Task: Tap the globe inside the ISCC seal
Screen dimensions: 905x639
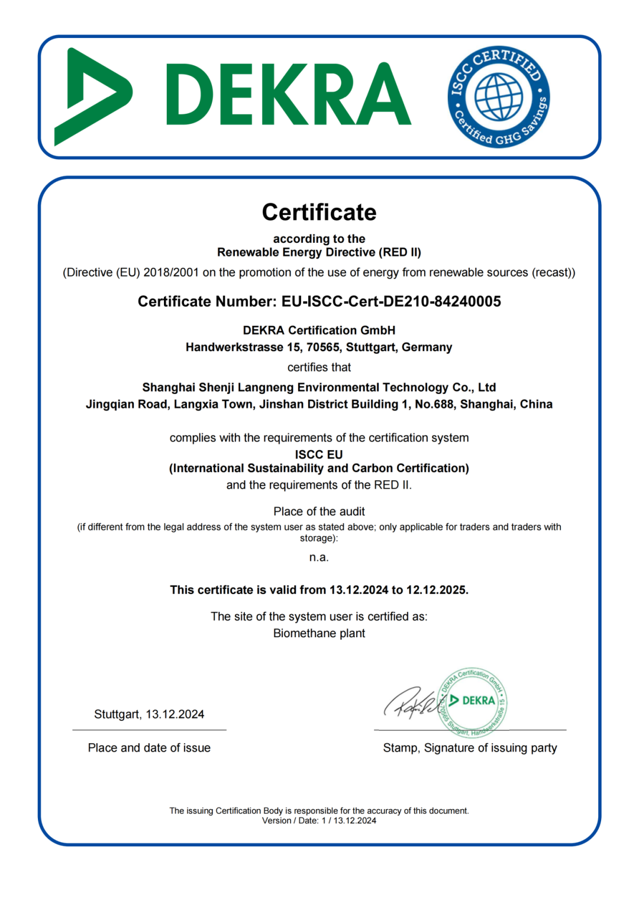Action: point(499,97)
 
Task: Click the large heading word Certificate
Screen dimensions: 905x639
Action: point(319,212)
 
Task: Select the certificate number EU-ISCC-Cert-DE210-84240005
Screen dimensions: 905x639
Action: point(391,301)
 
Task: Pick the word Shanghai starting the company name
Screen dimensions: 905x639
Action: point(169,387)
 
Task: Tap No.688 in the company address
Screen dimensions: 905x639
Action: point(434,404)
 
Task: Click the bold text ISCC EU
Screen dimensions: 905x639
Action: point(319,454)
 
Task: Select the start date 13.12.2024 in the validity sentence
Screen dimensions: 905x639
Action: point(359,590)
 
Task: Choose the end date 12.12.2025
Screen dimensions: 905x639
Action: point(436,590)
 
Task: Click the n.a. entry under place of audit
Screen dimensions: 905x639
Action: point(319,557)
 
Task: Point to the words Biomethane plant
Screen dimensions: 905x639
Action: point(319,633)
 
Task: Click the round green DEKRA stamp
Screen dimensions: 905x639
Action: point(473,702)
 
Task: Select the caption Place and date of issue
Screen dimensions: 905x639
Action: point(149,748)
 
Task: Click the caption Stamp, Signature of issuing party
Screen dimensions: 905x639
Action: point(470,748)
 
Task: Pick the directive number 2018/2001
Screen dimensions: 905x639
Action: point(172,272)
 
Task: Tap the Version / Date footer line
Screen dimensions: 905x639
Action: point(319,821)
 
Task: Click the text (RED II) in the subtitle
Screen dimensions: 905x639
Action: point(401,252)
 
